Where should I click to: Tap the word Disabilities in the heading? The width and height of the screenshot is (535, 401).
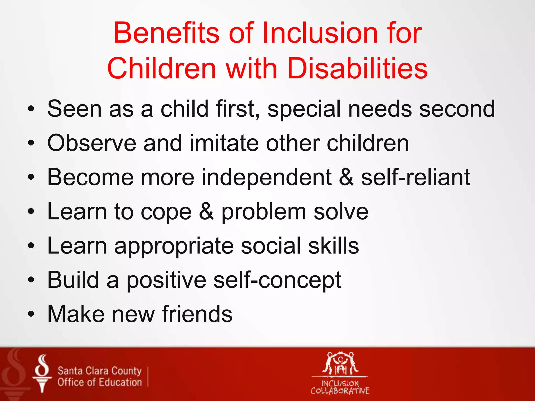coord(357,68)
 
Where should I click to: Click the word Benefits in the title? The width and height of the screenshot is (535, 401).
coord(167,33)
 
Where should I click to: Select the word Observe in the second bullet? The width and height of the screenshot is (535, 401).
coord(92,143)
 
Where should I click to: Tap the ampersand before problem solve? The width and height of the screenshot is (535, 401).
coord(206,212)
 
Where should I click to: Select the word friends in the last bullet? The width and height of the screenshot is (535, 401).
coord(197,314)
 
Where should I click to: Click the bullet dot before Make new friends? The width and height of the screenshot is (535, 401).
coord(31,314)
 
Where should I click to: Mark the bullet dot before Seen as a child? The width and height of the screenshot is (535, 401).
coord(31,109)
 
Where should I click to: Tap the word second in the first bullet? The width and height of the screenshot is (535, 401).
coord(457,109)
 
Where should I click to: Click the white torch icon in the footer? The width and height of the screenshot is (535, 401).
coord(42,373)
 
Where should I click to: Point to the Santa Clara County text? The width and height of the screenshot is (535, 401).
coord(100,370)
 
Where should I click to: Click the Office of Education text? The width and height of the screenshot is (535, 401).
coord(100,382)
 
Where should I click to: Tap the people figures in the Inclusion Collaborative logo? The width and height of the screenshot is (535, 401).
coord(340,363)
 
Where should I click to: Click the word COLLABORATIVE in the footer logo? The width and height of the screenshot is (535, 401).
coord(340,391)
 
